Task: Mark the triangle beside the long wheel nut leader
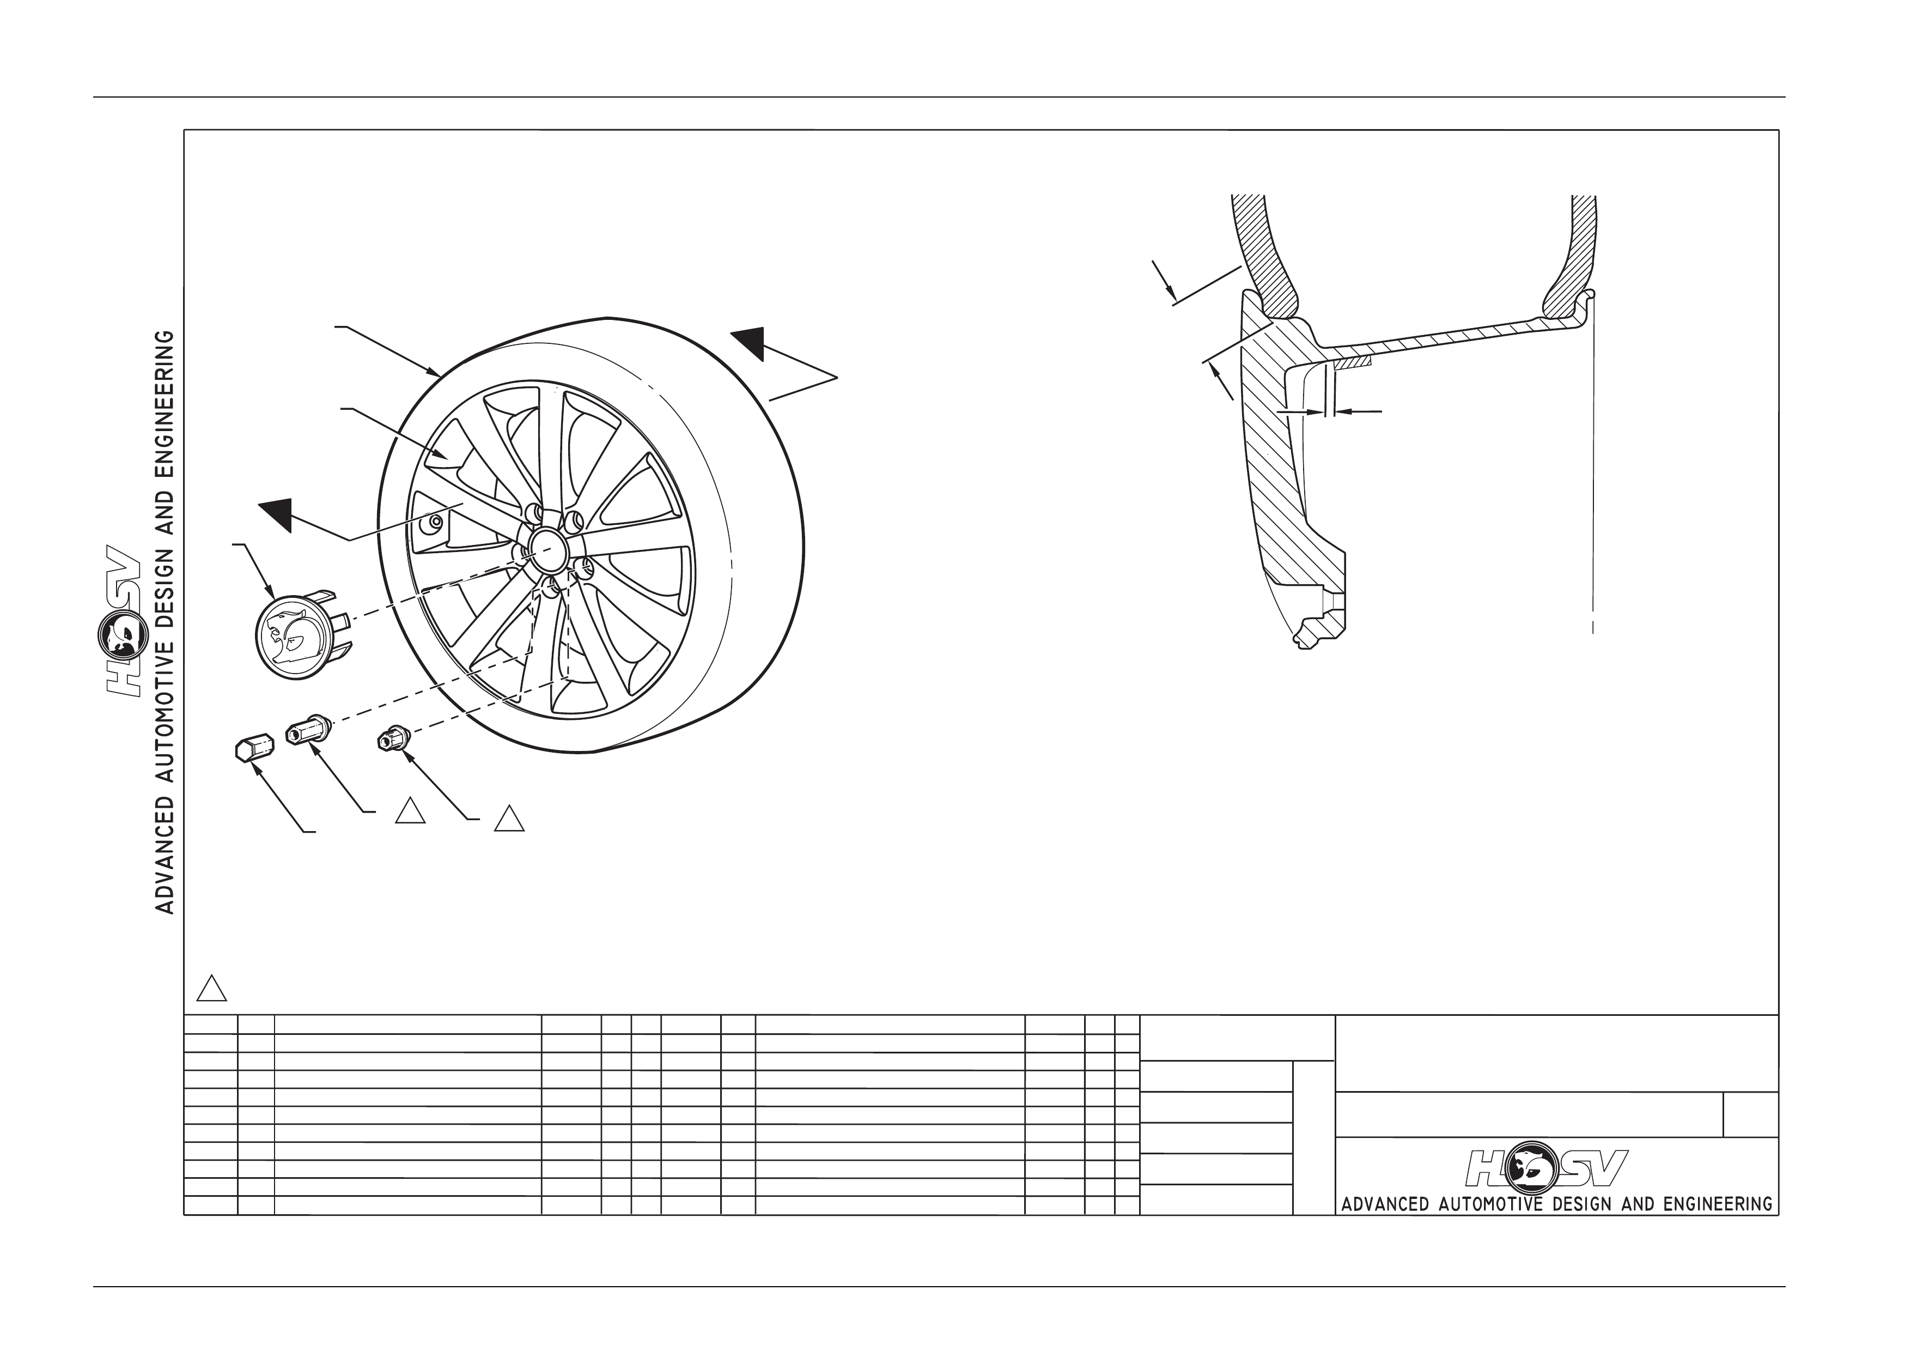tap(410, 810)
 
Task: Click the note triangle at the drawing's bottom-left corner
tap(211, 987)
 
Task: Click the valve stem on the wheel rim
tap(433, 522)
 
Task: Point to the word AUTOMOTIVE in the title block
tap(1490, 1204)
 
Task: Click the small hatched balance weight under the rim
tap(1352, 364)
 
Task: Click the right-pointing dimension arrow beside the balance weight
tap(1301, 411)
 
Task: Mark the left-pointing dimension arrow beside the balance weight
tap(1358, 411)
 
